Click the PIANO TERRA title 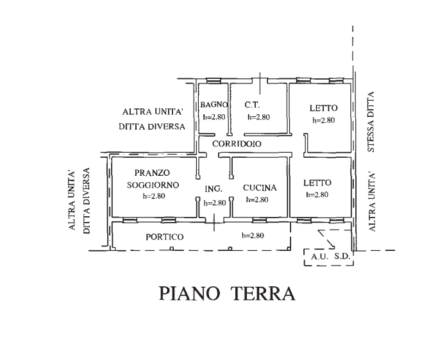(x=227, y=293)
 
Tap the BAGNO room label (x=214, y=105)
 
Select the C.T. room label (x=252, y=105)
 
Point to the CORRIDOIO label (x=237, y=144)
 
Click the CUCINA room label (x=260, y=188)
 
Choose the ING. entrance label (x=214, y=189)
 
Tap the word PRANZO (x=152, y=173)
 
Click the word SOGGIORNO (x=153, y=185)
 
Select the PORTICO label (x=164, y=237)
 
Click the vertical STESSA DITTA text (x=370, y=122)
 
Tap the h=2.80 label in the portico (x=253, y=236)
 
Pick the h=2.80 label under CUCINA (x=257, y=200)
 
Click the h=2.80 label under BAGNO (x=214, y=117)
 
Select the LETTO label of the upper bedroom (x=324, y=108)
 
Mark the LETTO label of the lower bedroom (x=317, y=183)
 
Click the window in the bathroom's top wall (x=214, y=81)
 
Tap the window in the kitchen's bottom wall (x=260, y=220)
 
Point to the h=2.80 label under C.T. (x=258, y=117)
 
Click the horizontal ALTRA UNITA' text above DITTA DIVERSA (x=153, y=112)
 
